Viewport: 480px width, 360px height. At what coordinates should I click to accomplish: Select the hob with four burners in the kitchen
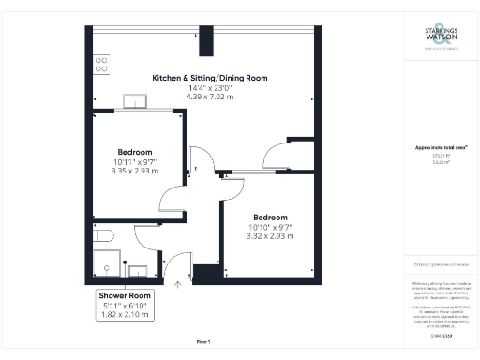coord(100,65)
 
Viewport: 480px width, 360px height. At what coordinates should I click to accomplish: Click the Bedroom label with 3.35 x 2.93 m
coord(135,152)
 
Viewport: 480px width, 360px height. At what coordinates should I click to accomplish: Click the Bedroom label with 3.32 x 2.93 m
coord(271,216)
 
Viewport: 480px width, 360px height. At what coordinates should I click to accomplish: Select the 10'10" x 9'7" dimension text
coord(271,226)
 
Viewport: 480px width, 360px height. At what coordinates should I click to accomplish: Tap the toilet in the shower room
coord(102,234)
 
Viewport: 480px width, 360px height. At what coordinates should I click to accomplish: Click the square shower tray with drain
coord(108,264)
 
